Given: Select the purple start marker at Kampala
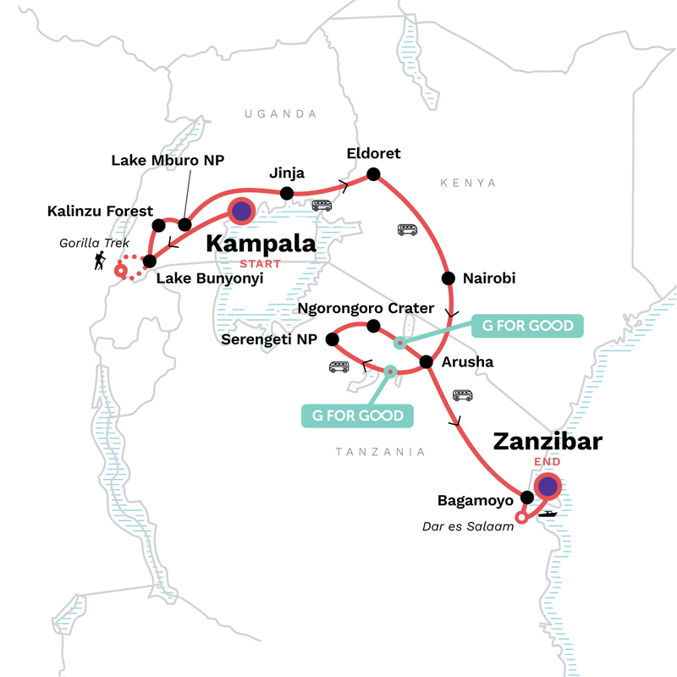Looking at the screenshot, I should pyautogui.click(x=241, y=212).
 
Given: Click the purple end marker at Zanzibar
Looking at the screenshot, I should pyautogui.click(x=548, y=487).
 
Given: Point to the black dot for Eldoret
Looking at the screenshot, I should pyautogui.click(x=372, y=175).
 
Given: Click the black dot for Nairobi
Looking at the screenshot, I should pyautogui.click(x=446, y=278).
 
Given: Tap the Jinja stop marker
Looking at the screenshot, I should pyautogui.click(x=287, y=194).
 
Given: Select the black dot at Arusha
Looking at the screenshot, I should pyautogui.click(x=427, y=363).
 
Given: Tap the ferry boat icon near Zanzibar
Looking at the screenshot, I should pyautogui.click(x=548, y=513).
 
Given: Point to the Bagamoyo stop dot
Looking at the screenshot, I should pyautogui.click(x=526, y=498).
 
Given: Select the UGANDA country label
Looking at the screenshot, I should pyautogui.click(x=280, y=113).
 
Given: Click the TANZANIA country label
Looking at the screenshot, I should pyautogui.click(x=380, y=452).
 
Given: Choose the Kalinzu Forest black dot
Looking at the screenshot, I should pyautogui.click(x=158, y=225).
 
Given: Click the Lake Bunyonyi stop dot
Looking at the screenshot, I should pyautogui.click(x=150, y=261).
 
